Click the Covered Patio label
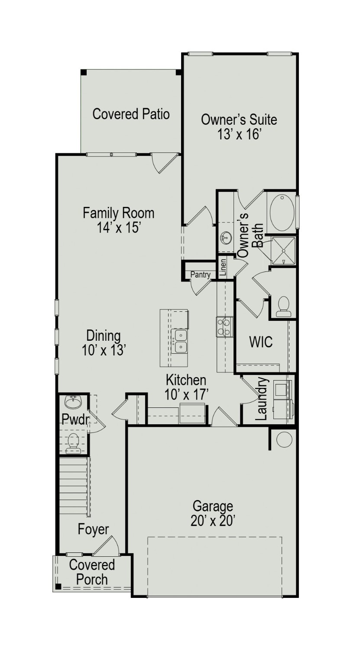(x=131, y=114)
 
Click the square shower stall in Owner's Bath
(x=283, y=251)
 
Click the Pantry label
(x=200, y=274)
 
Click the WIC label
(x=261, y=342)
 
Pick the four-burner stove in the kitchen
(x=224, y=326)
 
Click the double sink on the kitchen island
(x=180, y=341)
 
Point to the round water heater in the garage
(x=284, y=439)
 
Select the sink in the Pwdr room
(x=72, y=402)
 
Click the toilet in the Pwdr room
(x=73, y=442)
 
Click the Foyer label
(x=93, y=529)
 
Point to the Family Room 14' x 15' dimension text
(x=118, y=228)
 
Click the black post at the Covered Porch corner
(x=58, y=587)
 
